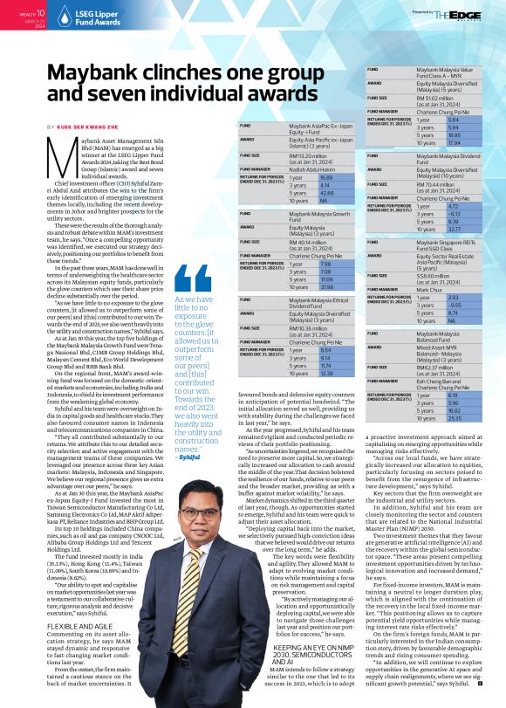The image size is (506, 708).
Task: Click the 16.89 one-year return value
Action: click(277, 177)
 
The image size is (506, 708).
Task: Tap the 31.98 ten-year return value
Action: click(277, 286)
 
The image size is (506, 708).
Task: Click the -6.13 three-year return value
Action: click(427, 215)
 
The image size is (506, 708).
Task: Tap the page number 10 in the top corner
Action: click(38, 14)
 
